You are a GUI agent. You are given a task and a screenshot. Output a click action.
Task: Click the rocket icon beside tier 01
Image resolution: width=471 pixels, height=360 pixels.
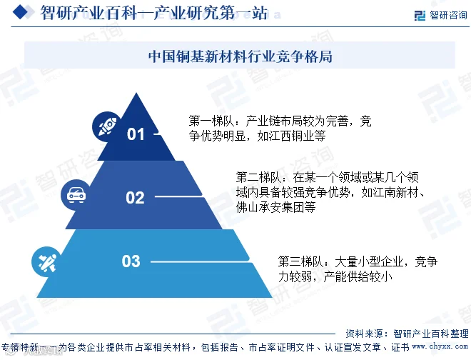click(107, 126)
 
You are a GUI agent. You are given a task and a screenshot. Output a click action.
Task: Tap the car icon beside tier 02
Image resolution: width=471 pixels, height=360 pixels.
click(76, 195)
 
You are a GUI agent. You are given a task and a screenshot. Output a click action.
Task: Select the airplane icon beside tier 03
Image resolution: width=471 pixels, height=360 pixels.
click(47, 262)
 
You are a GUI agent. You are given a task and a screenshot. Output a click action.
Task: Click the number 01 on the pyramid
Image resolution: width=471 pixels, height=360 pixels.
click(136, 134)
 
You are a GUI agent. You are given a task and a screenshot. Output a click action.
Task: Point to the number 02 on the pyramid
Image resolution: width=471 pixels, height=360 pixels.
click(135, 198)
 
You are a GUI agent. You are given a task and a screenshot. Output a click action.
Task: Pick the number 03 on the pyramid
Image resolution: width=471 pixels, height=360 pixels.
click(131, 261)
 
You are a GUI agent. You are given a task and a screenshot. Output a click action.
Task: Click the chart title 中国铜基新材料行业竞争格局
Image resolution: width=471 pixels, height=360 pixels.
click(240, 56)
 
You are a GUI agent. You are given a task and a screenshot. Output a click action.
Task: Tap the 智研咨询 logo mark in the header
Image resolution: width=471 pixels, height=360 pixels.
click(420, 15)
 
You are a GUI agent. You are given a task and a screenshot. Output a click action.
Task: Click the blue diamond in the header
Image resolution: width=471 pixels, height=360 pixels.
click(21, 13)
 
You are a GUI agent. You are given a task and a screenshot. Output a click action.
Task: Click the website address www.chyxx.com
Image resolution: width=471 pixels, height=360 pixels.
click(440, 346)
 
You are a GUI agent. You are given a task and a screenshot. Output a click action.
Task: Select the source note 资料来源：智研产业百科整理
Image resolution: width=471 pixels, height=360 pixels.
click(407, 334)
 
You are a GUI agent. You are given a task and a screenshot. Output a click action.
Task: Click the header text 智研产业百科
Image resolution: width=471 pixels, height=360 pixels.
click(89, 14)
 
